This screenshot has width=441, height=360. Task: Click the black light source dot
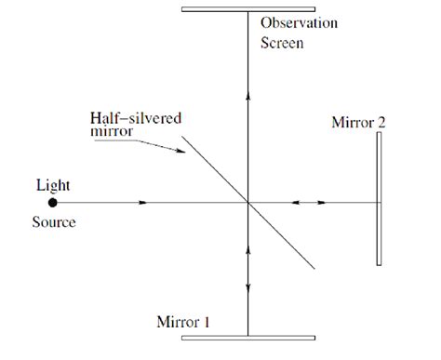coord(53,202)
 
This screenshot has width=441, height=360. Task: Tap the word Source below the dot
coord(53,223)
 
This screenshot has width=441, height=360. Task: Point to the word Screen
coord(281,42)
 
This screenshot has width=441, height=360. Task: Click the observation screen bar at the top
coord(247,9)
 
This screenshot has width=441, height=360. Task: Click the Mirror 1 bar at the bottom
coord(247,337)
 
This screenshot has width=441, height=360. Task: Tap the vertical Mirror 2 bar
coord(380,199)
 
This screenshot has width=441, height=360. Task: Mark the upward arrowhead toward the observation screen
coord(247,92)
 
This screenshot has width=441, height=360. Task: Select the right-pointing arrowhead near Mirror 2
coord(322,202)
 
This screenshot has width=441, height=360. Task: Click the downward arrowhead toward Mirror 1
coord(247,251)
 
